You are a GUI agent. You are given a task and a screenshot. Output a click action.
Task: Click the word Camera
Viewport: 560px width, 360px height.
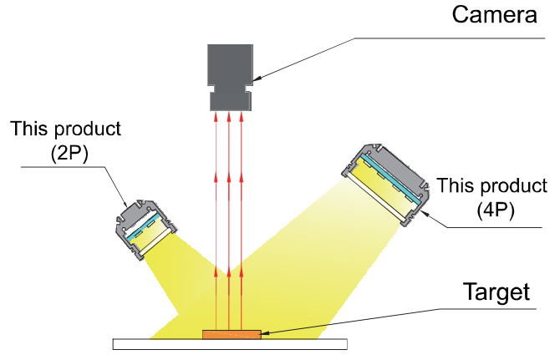494,15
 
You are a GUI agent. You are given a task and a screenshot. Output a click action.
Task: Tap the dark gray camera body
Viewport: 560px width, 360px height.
231,78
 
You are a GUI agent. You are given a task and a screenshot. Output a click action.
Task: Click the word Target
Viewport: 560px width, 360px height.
496,292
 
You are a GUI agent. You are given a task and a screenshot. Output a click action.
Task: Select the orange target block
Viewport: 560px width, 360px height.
232,334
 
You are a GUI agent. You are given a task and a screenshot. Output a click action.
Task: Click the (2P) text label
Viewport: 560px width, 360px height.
69,154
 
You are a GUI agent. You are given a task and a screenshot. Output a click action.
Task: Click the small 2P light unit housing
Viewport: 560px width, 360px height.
145,230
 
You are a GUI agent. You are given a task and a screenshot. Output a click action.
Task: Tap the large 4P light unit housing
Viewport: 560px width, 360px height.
386,185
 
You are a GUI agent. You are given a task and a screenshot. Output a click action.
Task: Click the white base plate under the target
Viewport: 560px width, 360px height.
230,344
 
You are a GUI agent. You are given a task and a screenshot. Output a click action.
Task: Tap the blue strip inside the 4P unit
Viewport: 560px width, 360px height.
391,180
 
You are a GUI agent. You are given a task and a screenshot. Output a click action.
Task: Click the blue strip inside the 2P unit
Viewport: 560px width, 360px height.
144,226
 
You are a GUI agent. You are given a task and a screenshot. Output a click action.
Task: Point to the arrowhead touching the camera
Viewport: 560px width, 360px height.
257,79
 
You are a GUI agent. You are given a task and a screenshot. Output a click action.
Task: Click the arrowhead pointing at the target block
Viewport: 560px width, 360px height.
266,333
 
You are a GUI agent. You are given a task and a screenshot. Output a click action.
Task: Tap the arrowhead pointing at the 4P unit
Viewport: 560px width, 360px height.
425,213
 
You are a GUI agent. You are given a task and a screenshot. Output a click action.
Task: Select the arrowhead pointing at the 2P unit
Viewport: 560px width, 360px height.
125,204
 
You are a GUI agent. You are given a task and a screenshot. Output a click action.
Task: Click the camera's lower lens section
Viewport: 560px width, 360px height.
231,102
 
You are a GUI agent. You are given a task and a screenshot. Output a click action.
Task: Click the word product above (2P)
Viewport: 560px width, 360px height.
88,129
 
